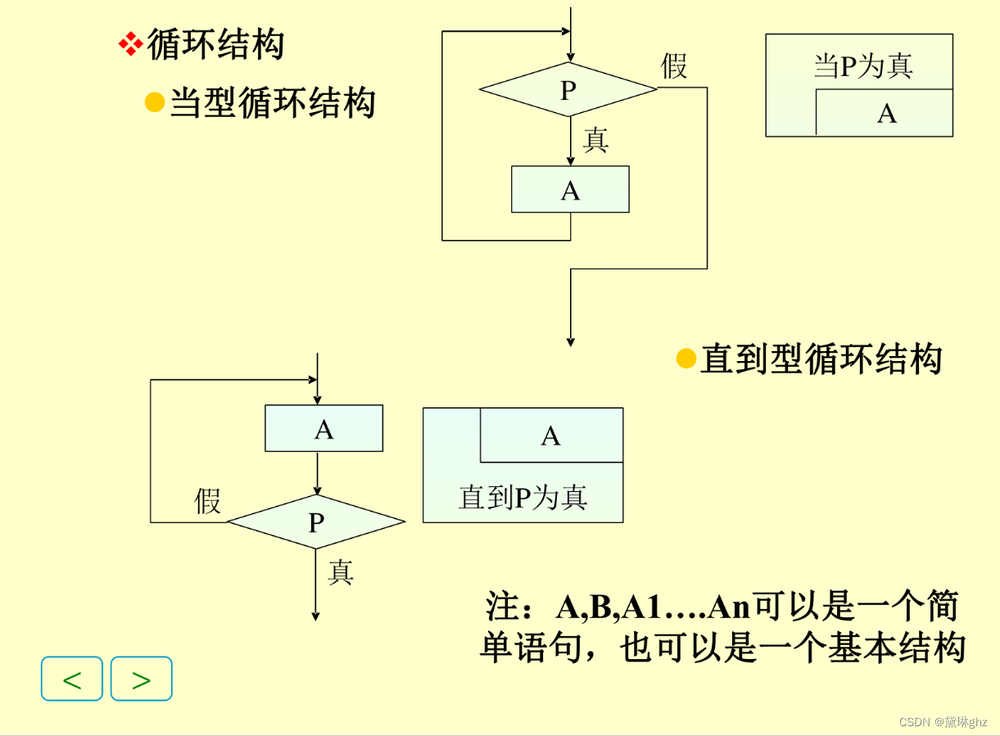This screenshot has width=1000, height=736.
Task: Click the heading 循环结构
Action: click(x=215, y=45)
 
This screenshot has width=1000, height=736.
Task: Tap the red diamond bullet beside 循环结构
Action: click(x=130, y=44)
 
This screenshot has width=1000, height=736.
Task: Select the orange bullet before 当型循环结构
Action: click(x=155, y=102)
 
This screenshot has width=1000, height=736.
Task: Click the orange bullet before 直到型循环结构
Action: click(x=686, y=359)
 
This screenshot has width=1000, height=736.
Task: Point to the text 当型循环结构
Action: click(x=273, y=104)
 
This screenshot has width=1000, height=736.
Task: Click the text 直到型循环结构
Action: click(x=821, y=359)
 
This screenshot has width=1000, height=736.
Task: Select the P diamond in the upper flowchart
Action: click(x=568, y=90)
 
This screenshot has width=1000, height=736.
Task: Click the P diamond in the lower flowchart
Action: click(x=316, y=522)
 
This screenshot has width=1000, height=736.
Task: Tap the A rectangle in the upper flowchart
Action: click(x=570, y=190)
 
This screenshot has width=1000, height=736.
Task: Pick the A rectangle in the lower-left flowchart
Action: click(x=324, y=428)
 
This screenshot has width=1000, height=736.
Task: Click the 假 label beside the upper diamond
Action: click(x=674, y=66)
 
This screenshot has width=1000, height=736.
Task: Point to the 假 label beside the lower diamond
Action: click(x=207, y=500)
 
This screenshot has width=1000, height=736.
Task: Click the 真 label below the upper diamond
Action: click(x=595, y=141)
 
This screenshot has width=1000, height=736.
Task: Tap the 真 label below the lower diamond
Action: click(x=340, y=571)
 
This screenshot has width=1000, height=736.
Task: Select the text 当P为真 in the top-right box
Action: click(x=862, y=66)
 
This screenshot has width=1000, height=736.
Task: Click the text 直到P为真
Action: click(x=523, y=497)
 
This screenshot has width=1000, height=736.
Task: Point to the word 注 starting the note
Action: click(x=501, y=607)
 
